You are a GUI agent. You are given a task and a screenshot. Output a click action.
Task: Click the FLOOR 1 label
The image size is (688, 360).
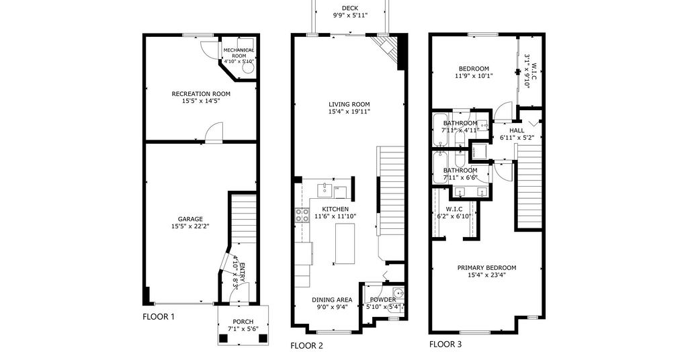[x=159, y=316]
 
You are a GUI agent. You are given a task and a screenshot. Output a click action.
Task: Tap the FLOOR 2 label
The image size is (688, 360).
[x=306, y=346]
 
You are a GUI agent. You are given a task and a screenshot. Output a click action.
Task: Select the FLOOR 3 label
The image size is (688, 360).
[x=445, y=344]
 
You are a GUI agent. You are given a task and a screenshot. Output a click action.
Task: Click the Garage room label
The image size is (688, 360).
[x=190, y=219]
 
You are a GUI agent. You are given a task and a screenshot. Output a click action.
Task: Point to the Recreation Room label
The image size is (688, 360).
[x=200, y=94]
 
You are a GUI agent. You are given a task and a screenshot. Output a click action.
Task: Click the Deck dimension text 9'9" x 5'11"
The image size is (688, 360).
[x=349, y=15]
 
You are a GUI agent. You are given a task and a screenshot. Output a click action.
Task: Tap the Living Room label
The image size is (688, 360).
[x=349, y=104]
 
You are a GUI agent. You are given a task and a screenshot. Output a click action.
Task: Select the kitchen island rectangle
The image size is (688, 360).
[x=345, y=243]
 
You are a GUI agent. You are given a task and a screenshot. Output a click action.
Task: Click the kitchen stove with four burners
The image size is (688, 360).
[x=302, y=216]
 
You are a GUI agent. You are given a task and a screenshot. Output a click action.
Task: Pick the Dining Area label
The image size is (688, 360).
[x=332, y=300]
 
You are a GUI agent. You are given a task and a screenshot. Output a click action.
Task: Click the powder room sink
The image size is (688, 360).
[x=398, y=292]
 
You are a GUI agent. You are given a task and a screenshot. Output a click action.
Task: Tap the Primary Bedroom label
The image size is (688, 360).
[x=486, y=268]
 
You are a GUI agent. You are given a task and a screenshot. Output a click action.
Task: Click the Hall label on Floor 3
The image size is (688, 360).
[x=517, y=131]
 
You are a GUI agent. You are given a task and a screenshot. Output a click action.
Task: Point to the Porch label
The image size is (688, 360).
[x=243, y=322]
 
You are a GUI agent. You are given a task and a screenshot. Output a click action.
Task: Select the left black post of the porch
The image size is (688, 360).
[x=224, y=338]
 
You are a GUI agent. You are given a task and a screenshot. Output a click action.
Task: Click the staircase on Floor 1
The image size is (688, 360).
[x=243, y=218]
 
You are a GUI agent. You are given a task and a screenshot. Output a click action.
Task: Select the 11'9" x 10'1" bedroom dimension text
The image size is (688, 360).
[x=474, y=75]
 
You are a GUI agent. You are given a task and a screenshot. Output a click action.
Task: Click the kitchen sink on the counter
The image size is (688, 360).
[x=325, y=191]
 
